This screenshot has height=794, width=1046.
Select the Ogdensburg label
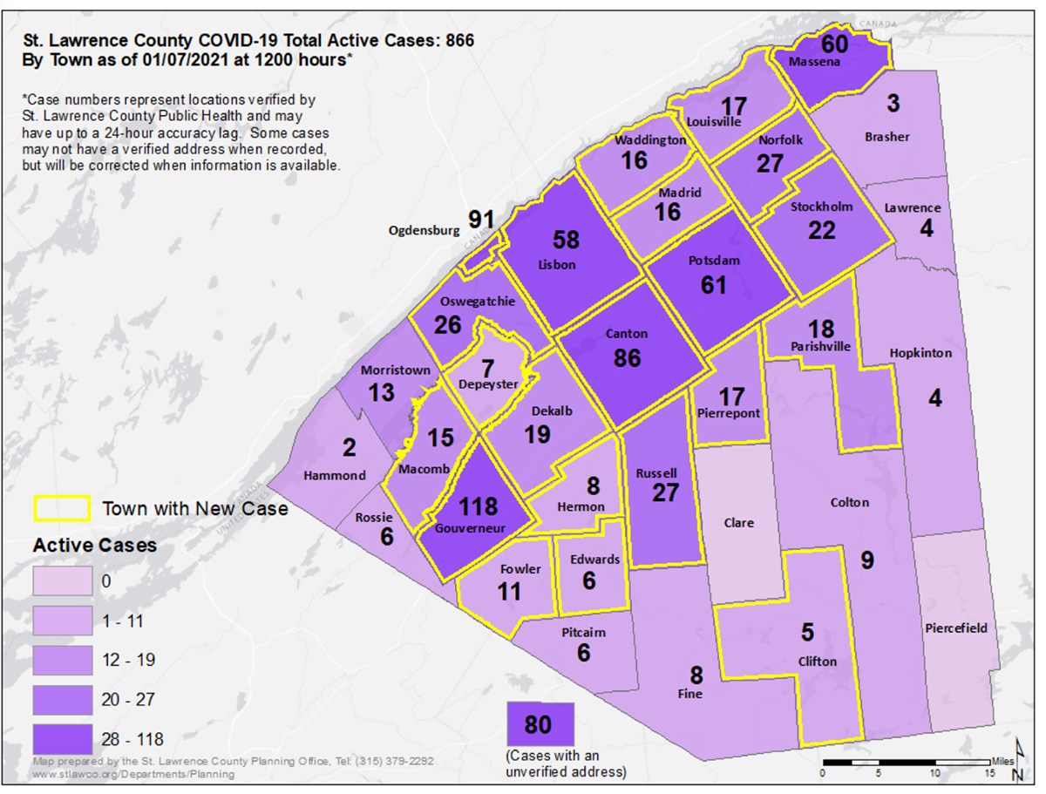[x=424, y=231]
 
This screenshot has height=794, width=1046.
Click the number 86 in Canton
[x=627, y=357]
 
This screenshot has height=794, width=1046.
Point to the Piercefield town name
[x=957, y=628]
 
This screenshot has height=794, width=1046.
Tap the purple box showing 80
[x=540, y=724]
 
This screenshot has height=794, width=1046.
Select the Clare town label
[x=739, y=523]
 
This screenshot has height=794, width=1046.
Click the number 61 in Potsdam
[x=713, y=284]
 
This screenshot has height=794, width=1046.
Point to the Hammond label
[x=335, y=475]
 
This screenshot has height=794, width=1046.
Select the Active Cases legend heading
[x=95, y=546]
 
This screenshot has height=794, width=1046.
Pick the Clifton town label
[x=817, y=662]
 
